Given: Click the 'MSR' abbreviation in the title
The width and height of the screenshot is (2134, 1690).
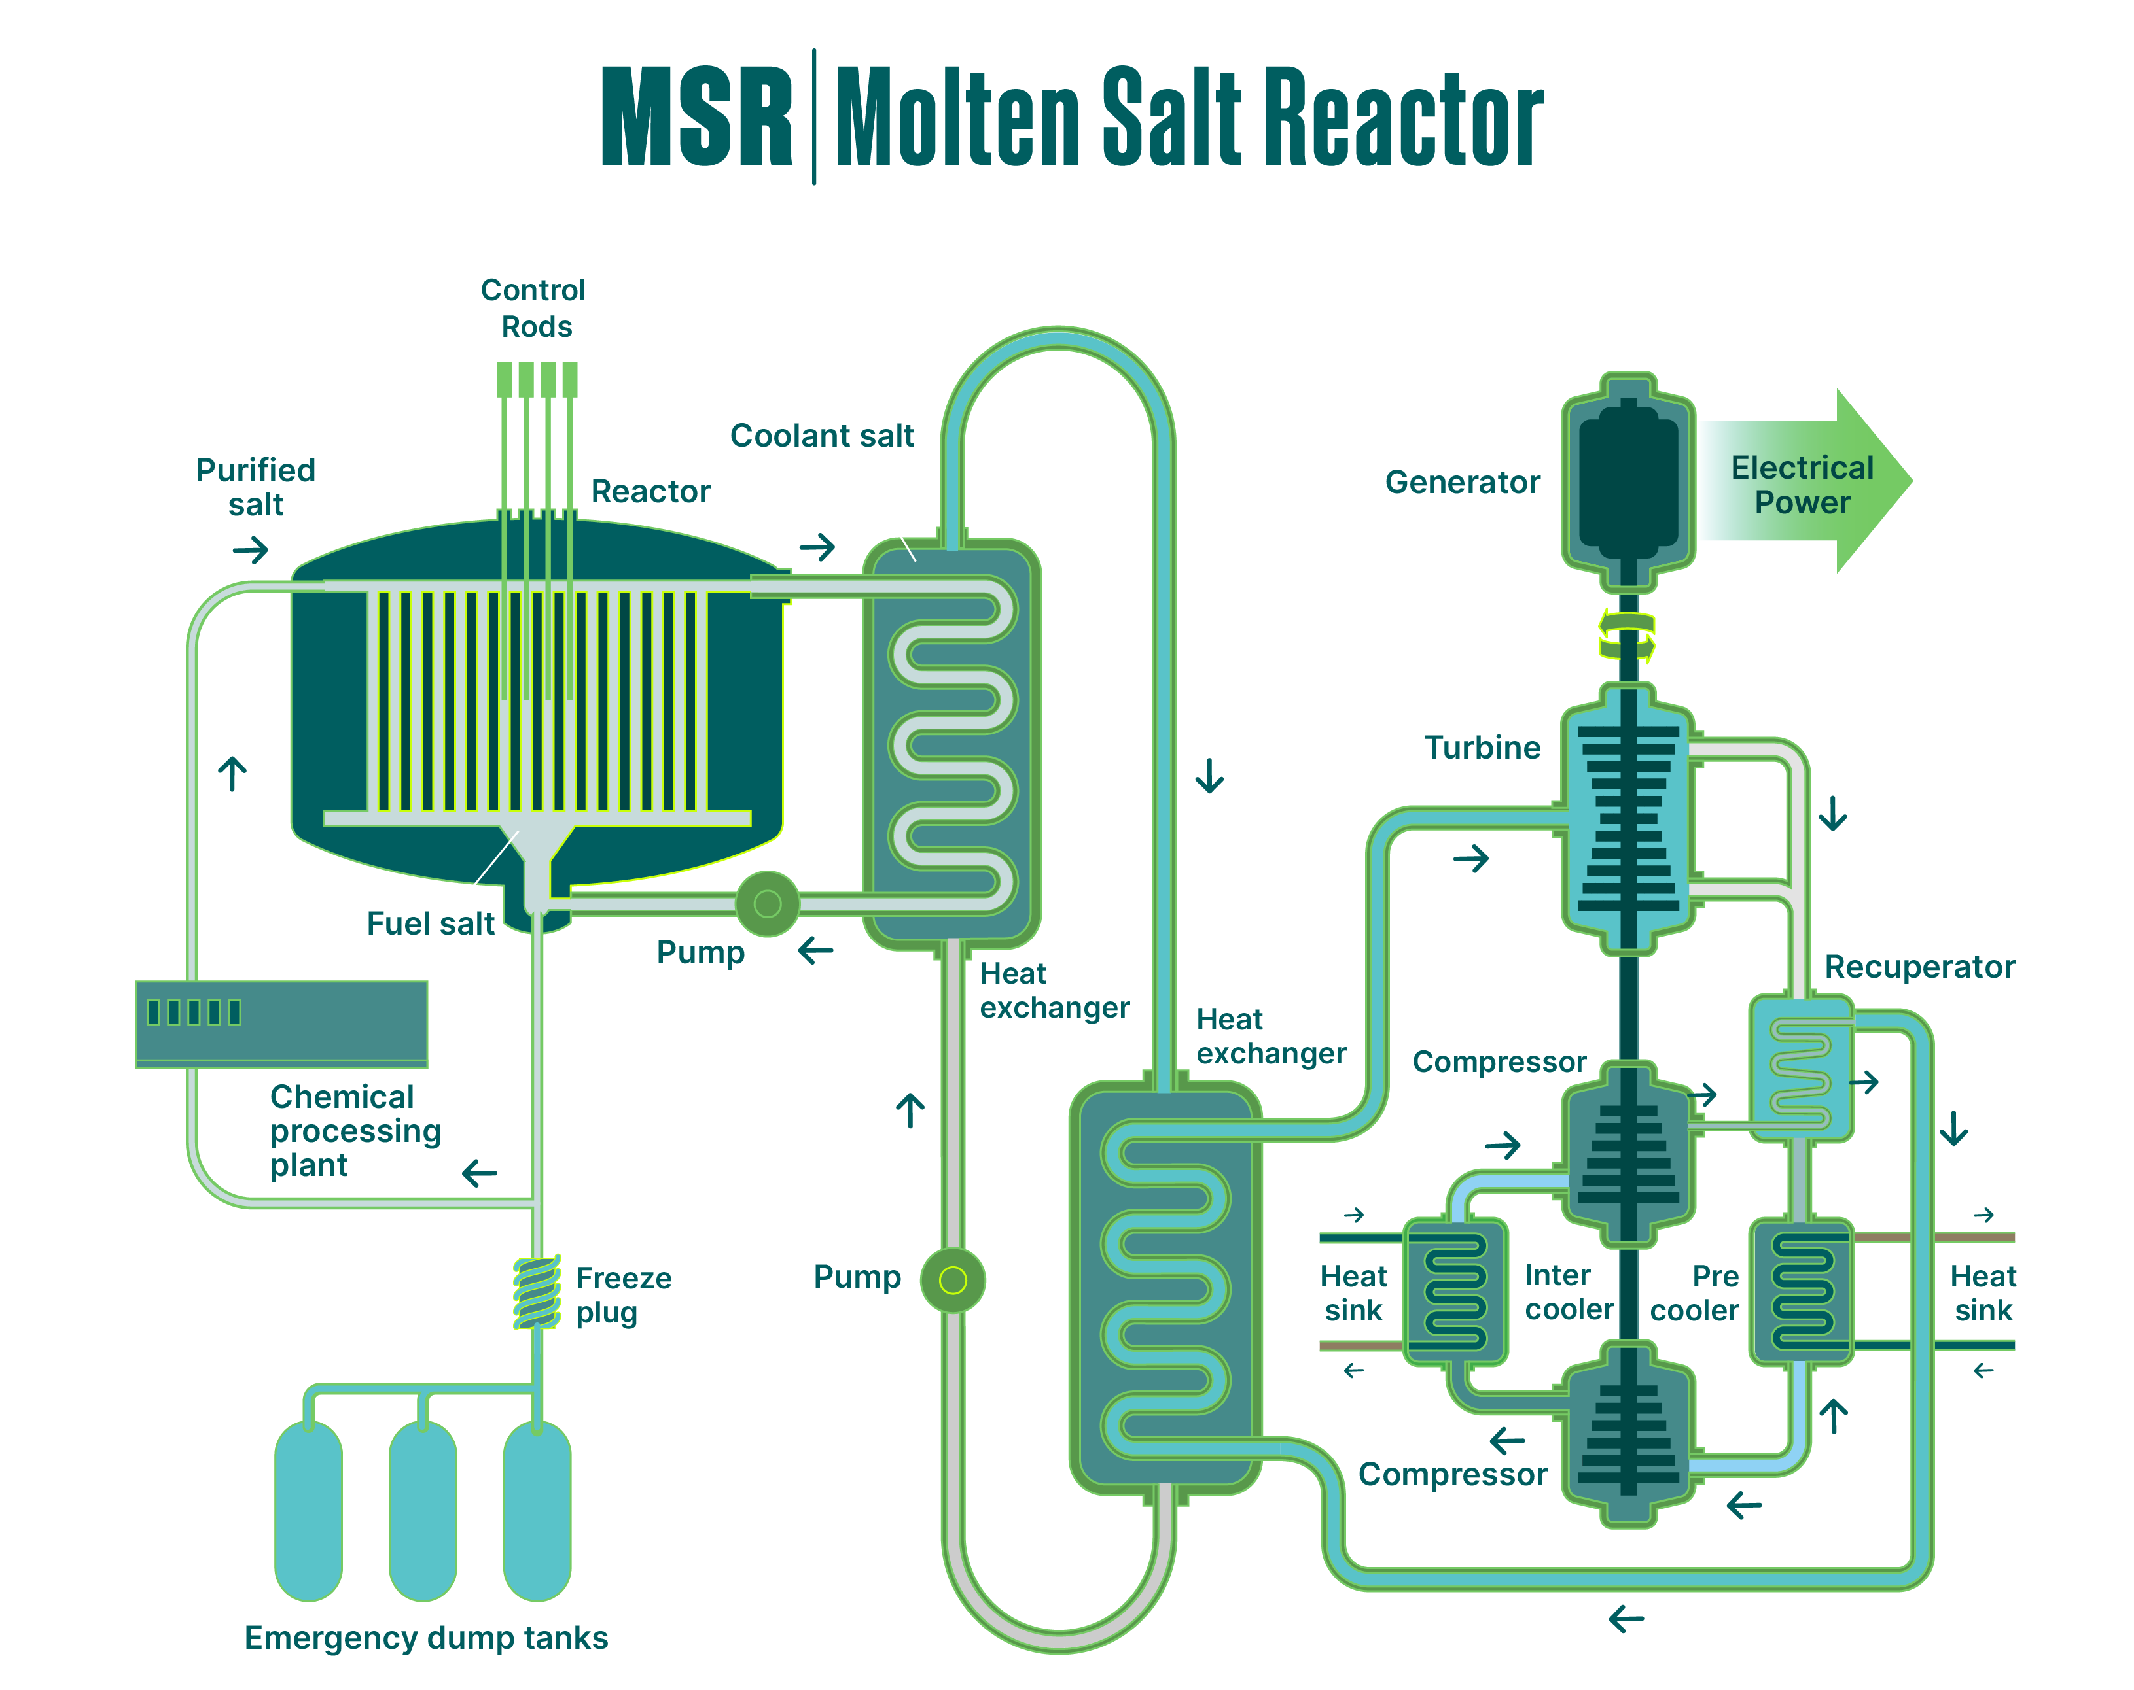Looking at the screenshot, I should tap(697, 117).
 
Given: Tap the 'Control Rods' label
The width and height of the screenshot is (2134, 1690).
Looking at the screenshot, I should tap(535, 308).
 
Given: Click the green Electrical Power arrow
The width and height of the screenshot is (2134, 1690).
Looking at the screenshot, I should tap(1811, 483).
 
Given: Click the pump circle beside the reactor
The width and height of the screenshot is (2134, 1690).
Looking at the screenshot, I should tap(767, 903).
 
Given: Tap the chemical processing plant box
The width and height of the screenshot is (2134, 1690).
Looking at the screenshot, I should tap(282, 1024).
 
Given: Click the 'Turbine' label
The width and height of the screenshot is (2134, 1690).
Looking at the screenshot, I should tap(1482, 748).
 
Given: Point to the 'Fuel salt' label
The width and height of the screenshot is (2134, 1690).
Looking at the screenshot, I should tap(431, 923).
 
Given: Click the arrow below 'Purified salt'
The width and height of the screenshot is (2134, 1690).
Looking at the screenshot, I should tap(251, 549).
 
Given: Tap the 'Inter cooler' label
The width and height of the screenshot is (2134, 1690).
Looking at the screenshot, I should tap(1569, 1292).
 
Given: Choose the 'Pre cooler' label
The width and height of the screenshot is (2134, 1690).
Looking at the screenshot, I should tap(1694, 1293).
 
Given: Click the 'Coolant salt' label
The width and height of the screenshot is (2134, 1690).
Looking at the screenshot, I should tap(821, 436).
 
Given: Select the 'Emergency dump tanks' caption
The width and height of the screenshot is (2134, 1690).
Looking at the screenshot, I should tap(425, 1638).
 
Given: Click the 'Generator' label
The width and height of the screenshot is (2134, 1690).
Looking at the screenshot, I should tap(1462, 483).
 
